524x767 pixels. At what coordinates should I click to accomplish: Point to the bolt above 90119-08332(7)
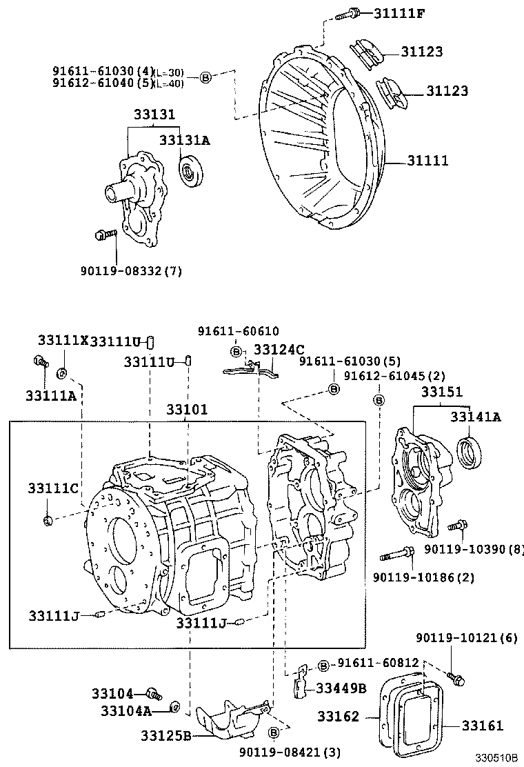point(104,236)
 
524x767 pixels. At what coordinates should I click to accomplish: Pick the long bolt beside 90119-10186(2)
point(396,553)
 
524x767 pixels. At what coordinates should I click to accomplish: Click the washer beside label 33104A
point(175,707)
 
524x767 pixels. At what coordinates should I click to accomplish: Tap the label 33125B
point(162,735)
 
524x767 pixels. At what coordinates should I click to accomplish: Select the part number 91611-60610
point(238,332)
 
